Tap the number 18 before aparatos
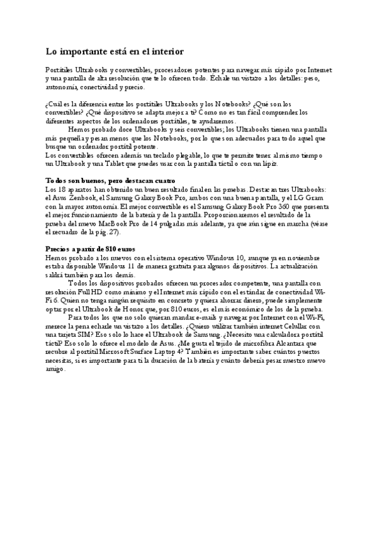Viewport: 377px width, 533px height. click(x=59, y=189)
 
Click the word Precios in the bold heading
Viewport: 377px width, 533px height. click(x=61, y=249)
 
